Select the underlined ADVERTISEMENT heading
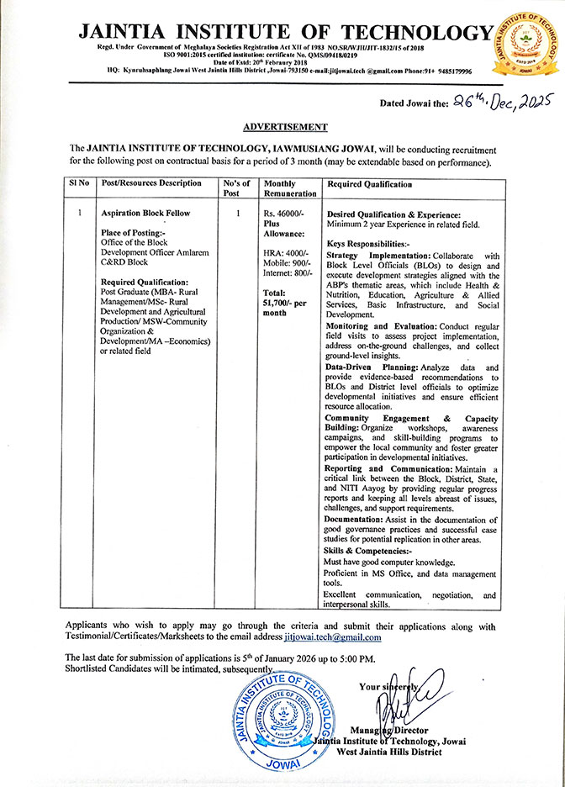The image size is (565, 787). (285, 127)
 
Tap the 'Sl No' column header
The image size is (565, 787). (79, 183)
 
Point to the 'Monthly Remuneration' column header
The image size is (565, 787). (285, 188)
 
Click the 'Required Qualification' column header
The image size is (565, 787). (370, 183)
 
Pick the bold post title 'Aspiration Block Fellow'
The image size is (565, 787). (142, 214)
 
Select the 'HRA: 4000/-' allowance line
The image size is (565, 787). (285, 252)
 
